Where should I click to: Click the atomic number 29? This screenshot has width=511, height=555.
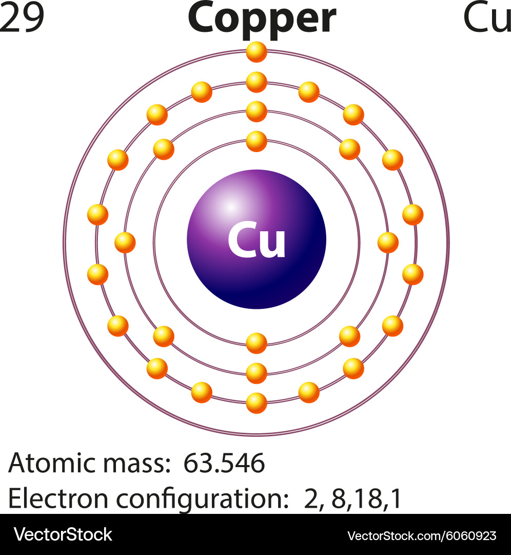(22, 17)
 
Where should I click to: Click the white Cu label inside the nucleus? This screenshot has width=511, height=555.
(257, 239)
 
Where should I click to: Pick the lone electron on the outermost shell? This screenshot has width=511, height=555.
(257, 52)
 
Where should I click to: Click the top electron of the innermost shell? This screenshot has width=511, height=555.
(257, 141)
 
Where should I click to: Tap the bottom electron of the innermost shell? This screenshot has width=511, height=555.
(257, 343)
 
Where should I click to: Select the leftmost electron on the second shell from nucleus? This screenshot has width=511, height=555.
(125, 243)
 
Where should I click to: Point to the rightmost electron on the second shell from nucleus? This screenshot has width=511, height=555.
(388, 243)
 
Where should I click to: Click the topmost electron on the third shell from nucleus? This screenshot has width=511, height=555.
(257, 82)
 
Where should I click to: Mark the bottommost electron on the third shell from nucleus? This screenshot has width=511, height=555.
(257, 403)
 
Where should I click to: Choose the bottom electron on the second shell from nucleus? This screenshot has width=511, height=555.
(257, 373)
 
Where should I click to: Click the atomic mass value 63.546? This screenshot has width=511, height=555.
(224, 462)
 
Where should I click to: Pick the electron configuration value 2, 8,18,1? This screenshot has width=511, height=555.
(352, 498)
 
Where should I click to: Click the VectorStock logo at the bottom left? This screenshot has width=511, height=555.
(63, 534)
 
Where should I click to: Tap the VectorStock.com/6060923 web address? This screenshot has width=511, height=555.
(422, 536)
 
